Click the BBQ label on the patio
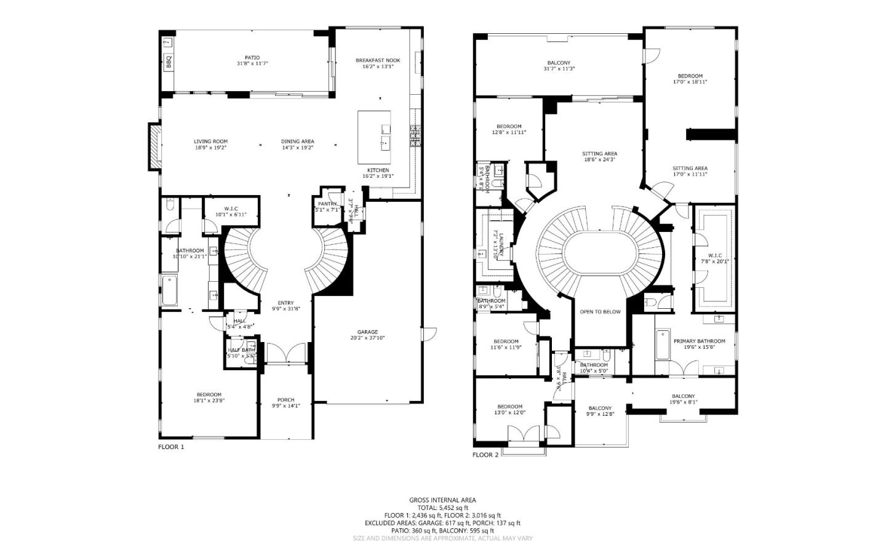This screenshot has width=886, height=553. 168,62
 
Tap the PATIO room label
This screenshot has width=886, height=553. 252,58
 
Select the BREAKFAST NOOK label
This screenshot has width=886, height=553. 377,60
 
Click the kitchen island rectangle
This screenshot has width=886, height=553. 374,137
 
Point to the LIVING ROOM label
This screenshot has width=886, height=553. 210,141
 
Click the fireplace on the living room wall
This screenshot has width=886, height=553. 154,146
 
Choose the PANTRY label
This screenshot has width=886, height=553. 327,204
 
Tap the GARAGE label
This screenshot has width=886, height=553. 367,332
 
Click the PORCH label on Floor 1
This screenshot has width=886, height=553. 285,400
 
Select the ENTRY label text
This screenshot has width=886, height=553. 285,303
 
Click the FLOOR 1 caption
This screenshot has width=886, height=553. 171,447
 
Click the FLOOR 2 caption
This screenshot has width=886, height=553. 485,455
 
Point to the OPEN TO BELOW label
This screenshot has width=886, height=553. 600,312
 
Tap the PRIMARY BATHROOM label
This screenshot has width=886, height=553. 699,341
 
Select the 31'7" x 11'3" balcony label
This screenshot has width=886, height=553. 559,69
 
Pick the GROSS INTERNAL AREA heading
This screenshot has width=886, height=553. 442,500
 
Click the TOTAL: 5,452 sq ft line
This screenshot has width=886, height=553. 442,508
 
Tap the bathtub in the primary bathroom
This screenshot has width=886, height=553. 662,344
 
